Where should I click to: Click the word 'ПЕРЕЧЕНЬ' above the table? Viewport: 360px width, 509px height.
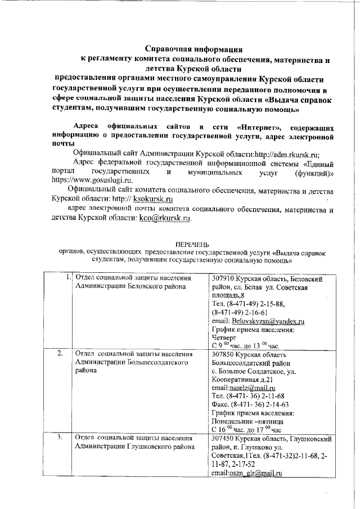coord(192,245)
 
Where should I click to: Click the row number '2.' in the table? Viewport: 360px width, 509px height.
coord(60,354)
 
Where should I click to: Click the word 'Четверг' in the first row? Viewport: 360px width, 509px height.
coord(224,337)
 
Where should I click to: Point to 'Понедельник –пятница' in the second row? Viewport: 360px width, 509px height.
coord(247,421)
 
